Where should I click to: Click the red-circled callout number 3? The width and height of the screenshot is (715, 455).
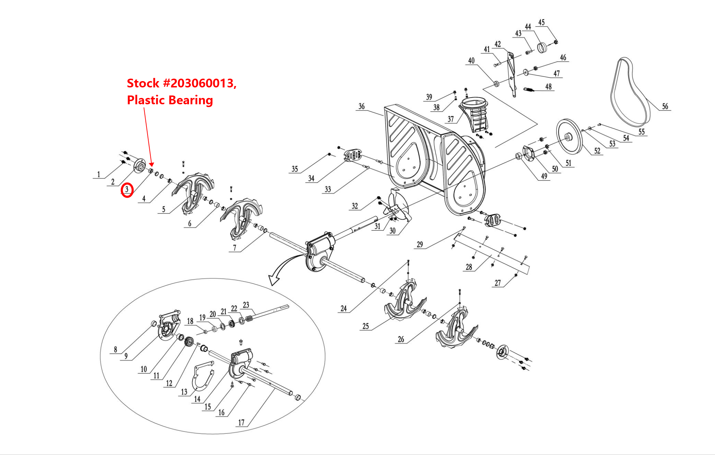[x=127, y=190]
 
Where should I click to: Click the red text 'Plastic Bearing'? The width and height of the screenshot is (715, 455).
[x=170, y=100]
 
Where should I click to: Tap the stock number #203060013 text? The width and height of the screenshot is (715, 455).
[x=181, y=83]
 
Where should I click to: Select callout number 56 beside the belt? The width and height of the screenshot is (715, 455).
[x=665, y=106]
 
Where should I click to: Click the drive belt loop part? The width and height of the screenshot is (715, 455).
[x=631, y=93]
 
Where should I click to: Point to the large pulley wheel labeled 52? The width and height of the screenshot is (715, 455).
[x=569, y=137]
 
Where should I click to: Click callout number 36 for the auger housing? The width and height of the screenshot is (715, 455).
[x=362, y=106]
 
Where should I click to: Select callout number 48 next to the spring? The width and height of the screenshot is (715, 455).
[x=548, y=87]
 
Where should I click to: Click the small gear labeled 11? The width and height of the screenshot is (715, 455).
[x=189, y=342]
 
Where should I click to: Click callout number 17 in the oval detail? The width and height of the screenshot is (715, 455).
[x=241, y=422]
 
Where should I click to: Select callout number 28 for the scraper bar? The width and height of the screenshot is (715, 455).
[x=469, y=267]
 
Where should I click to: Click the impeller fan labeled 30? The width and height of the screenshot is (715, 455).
[x=399, y=207]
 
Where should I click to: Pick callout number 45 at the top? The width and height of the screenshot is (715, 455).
[x=541, y=22]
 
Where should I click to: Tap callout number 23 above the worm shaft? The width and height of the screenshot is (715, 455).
[x=246, y=305]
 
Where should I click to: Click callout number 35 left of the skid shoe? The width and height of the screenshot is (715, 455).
[x=294, y=169]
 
